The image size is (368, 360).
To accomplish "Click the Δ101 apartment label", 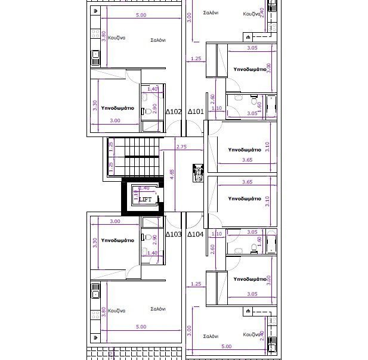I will (196, 111).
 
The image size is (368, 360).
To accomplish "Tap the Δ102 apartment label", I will (173, 111).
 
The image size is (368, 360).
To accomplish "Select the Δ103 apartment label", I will (173, 234).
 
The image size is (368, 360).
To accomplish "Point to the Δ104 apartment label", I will (196, 234).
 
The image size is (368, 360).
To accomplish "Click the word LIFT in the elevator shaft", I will (145, 200).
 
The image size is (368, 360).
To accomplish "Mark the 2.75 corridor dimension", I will (182, 146).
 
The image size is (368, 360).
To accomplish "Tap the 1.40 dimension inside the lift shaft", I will (144, 188).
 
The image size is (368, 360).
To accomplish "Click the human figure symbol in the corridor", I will (198, 172).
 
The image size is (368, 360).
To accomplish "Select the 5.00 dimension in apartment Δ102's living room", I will (141, 15).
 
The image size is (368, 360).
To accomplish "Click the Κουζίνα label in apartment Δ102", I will (116, 37).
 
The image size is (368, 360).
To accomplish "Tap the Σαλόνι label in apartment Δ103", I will (158, 309).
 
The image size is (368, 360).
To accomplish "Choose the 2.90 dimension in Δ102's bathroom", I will (155, 108).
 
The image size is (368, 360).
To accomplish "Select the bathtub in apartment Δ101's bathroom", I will (271, 105).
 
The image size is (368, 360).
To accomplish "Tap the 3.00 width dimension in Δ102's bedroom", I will (115, 120).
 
